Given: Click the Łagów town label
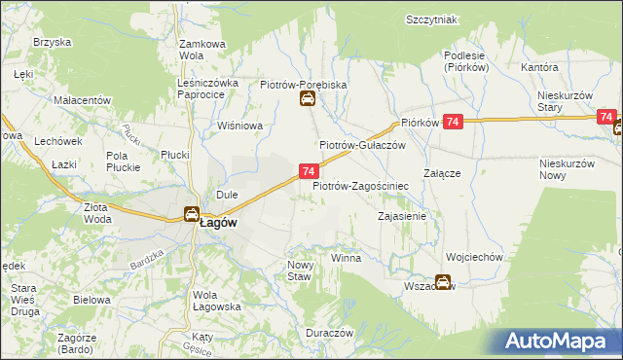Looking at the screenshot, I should point(219,222).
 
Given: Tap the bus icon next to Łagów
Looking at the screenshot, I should point(192,215).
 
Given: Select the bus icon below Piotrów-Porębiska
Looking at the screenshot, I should point(307,99).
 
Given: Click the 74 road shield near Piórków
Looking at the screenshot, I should point(452,122).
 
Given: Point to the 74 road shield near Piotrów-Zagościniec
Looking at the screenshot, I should point(308,171).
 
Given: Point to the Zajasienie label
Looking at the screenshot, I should point(402,216).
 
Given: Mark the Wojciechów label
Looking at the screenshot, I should point(473,258).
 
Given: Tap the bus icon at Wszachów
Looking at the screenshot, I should point(443,283).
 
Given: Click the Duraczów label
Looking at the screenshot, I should point(327,332).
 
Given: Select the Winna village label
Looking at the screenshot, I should point(346,259).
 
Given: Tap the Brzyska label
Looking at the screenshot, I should point(53,43).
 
